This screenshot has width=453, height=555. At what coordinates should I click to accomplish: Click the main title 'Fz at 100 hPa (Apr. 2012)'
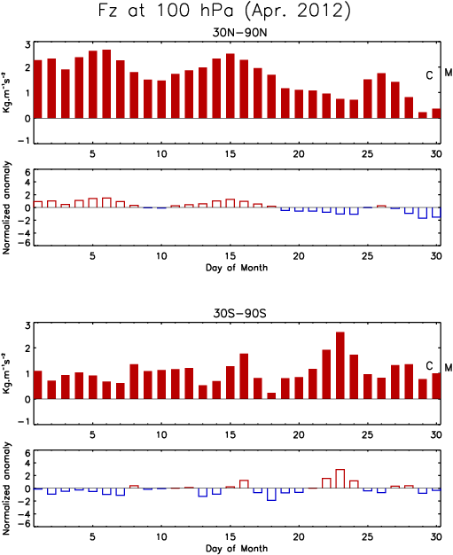pyautogui.click(x=224, y=11)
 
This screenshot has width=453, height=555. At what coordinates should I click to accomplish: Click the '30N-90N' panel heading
pyautogui.click(x=239, y=33)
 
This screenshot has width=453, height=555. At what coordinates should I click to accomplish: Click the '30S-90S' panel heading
pyautogui.click(x=239, y=313)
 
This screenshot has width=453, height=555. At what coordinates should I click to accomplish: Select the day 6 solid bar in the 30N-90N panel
pyautogui.click(x=106, y=84)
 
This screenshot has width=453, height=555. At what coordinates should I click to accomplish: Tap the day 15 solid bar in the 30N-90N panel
pyautogui.click(x=230, y=86)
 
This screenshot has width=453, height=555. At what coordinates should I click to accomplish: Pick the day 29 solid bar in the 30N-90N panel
pyautogui.click(x=423, y=115)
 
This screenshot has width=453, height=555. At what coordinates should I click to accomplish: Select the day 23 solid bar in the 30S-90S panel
pyautogui.click(x=340, y=365)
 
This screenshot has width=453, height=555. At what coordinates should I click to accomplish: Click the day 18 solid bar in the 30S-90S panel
pyautogui.click(x=271, y=395)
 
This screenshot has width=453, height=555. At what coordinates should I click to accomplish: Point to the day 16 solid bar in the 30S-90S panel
pyautogui.click(x=244, y=376)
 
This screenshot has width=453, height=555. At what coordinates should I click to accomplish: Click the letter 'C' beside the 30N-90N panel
pyautogui.click(x=429, y=75)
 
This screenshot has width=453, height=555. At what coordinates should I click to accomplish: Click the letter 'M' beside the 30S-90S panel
pyautogui.click(x=449, y=368)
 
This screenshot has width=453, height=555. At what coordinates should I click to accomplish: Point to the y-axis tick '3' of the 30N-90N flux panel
pyautogui.click(x=27, y=45)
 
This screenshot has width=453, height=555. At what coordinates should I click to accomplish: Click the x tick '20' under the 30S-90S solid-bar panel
pyautogui.click(x=299, y=434)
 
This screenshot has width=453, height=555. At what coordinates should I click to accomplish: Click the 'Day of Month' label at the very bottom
pyautogui.click(x=237, y=548)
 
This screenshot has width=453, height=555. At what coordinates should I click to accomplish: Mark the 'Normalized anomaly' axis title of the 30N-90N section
pyautogui.click(x=6, y=207)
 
